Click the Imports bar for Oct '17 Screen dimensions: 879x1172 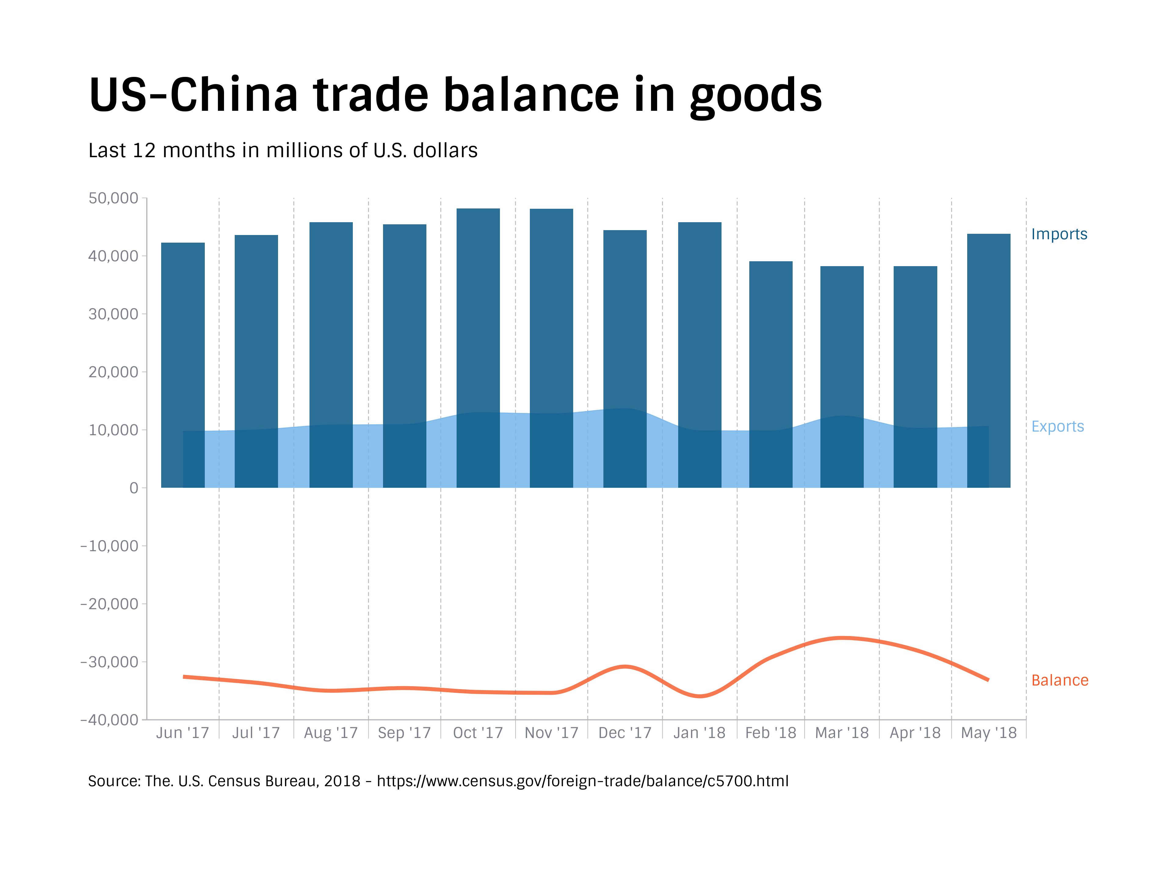click(478, 307)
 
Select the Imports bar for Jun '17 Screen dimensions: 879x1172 click(183, 334)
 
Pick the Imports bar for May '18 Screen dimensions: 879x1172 click(988, 328)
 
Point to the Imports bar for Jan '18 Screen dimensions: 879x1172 click(700, 318)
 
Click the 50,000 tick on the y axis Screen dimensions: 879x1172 click(114, 198)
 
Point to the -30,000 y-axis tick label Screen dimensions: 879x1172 click(109, 662)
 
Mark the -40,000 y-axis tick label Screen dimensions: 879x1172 click(109, 719)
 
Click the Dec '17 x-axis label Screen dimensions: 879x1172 click(625, 733)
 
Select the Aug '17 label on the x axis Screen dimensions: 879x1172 click(331, 733)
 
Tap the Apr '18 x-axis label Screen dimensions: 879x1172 click(915, 733)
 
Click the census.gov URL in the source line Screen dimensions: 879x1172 click(582, 781)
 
